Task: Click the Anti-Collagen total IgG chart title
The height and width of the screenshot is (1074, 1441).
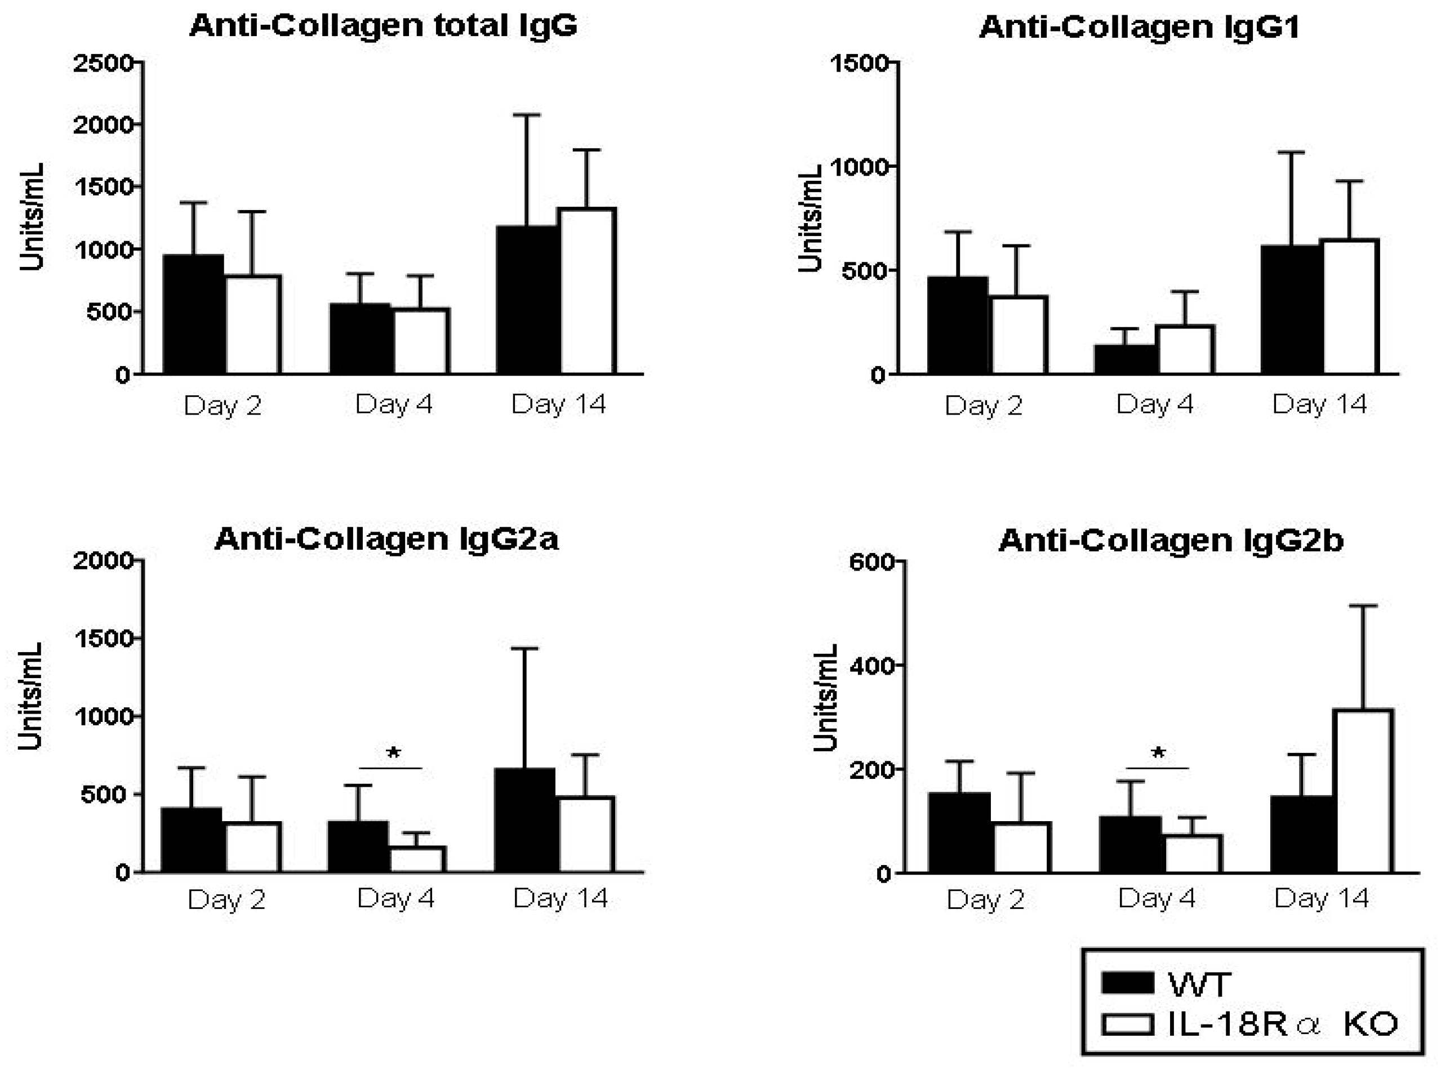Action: (384, 26)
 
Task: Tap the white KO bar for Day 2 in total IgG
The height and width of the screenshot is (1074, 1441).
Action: (253, 325)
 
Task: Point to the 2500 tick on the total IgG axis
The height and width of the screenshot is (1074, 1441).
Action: (104, 63)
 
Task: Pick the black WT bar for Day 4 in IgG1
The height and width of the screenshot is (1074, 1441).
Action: (1126, 359)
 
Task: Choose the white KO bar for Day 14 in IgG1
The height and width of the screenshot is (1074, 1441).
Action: (1351, 307)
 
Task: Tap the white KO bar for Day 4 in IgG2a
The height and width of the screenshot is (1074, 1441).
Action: (417, 859)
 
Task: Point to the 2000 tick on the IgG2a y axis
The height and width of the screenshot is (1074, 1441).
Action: (104, 560)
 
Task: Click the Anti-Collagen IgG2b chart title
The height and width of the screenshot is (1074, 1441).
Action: (1171, 541)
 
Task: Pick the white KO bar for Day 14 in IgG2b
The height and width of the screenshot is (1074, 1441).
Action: (1364, 791)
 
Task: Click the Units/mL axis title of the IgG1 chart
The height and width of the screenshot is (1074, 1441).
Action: (811, 219)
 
